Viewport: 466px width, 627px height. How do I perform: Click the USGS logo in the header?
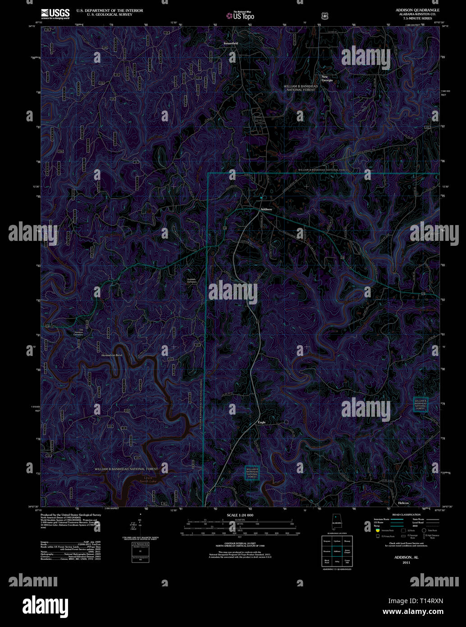point(55,14)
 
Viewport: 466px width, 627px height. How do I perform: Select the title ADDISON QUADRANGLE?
point(411,10)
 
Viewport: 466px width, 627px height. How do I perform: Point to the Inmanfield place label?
point(231,43)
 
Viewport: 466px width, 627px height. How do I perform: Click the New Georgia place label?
point(327,78)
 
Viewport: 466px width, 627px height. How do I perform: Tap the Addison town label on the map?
point(266,209)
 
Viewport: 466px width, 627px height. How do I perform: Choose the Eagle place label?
point(262,422)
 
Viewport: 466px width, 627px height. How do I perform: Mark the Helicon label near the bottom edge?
point(403,503)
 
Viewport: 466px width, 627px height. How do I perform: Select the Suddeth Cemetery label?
point(192,281)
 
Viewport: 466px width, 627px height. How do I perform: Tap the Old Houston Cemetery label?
point(78,333)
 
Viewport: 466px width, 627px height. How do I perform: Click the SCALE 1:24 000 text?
point(240,515)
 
